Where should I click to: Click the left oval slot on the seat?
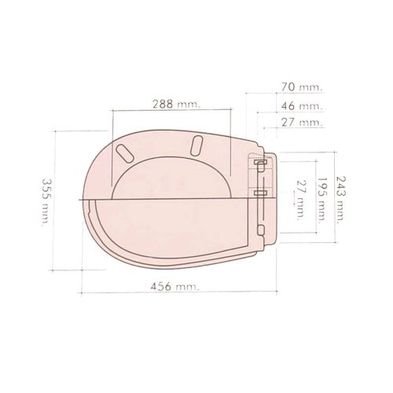coord(123,150)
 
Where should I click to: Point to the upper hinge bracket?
coord(259,165)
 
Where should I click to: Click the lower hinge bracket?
coord(260,193)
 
